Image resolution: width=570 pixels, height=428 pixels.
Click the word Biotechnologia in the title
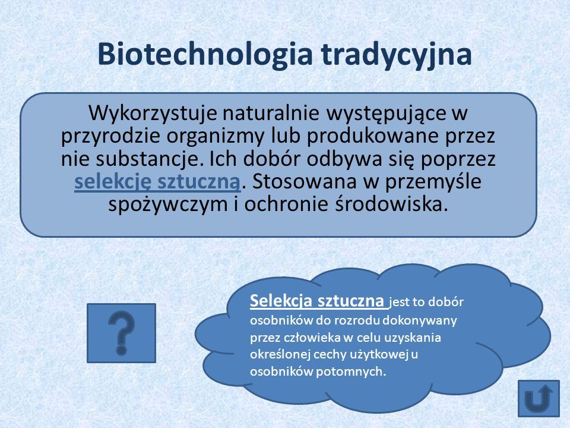tap(205, 54)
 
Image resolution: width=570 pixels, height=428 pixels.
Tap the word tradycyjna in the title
tap(396, 54)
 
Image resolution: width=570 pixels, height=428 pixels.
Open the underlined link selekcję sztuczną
tap(157, 182)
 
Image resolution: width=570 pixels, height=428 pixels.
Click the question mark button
tap(121, 333)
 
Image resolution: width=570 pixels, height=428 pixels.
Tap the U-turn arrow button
tap(539, 398)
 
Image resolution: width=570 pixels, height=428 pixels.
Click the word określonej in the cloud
tap(280, 354)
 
